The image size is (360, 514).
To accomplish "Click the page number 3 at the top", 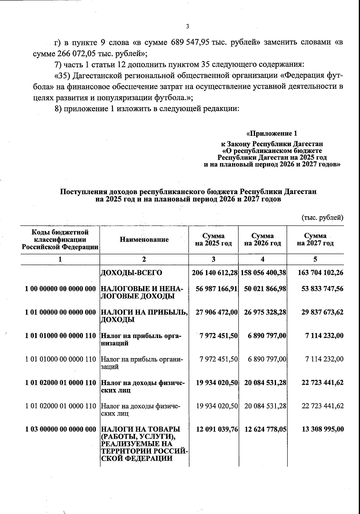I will pyautogui.click(x=187, y=27).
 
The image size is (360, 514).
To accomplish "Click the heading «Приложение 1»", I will pyautogui.click(x=271, y=133).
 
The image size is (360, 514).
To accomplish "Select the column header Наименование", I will pyautogui.click(x=144, y=239).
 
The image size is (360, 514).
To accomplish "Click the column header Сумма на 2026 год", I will pyautogui.click(x=262, y=239).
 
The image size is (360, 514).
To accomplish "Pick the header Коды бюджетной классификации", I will pyautogui.click(x=60, y=239).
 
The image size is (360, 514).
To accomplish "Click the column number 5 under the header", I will pyautogui.click(x=315, y=259).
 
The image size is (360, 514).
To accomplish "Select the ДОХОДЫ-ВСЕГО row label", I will pyautogui.click(x=131, y=273).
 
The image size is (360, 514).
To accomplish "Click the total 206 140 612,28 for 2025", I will pyautogui.click(x=215, y=273).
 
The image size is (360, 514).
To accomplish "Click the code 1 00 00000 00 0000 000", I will pyautogui.click(x=60, y=289).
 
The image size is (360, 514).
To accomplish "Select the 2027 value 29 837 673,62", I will pyautogui.click(x=322, y=312).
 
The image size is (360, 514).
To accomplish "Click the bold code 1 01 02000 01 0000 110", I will pyautogui.click(x=60, y=383).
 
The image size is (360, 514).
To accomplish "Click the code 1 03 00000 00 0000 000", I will pyautogui.click(x=60, y=429).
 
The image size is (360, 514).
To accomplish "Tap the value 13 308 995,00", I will pyautogui.click(x=322, y=429).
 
